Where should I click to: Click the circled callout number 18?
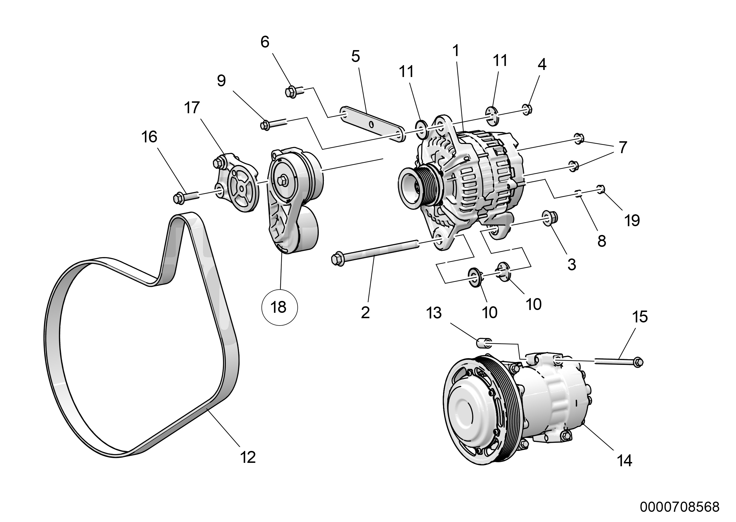pos(279,307)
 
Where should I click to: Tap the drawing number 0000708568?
pos(679,507)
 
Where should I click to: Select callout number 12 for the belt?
pos(248,457)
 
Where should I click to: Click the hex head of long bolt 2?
pos(337,259)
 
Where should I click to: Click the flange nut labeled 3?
pos(550,219)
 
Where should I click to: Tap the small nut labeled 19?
pos(601,189)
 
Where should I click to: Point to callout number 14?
pos(624,461)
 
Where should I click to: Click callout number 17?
pos(192,108)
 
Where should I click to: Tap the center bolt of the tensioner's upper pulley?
pos(283,181)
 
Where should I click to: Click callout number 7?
pos(622,147)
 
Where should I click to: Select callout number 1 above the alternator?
pos(456,50)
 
